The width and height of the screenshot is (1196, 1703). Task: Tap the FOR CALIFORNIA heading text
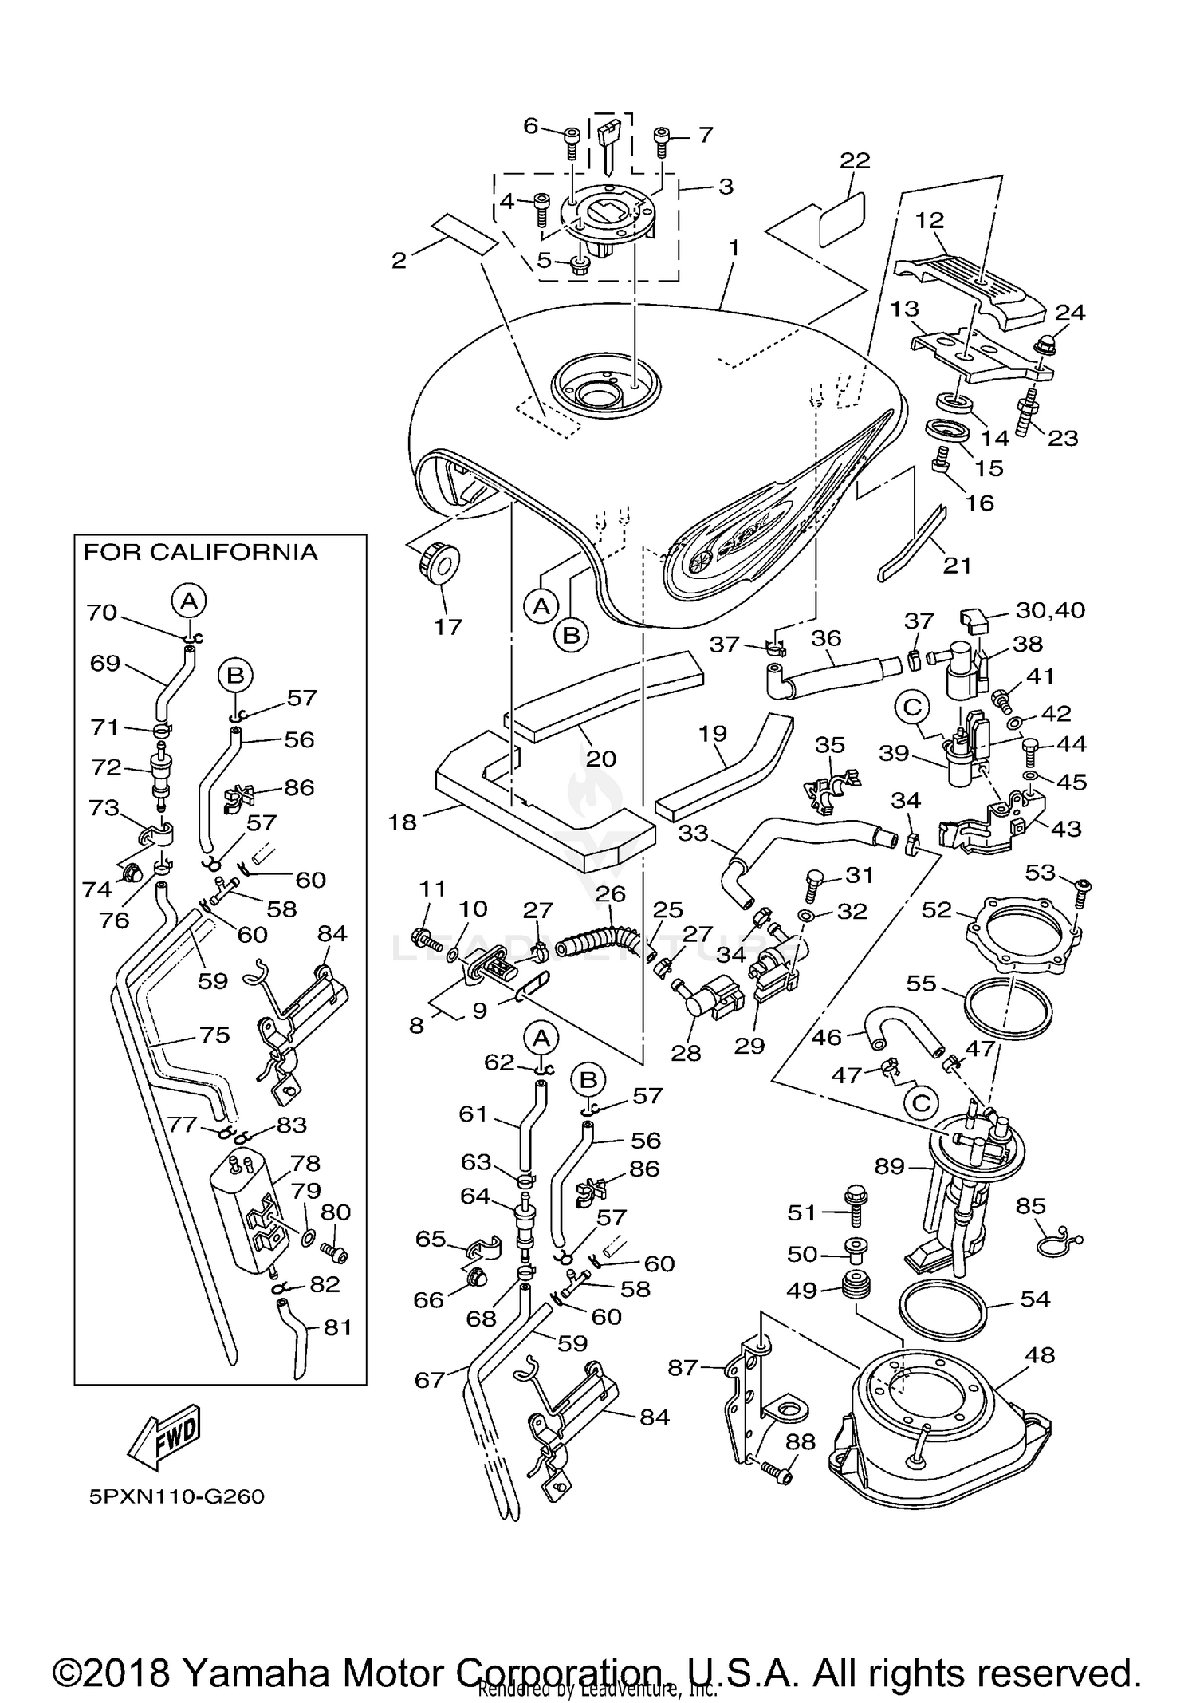tap(200, 552)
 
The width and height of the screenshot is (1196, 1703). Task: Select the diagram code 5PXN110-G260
tap(176, 1496)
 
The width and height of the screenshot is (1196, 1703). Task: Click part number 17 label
tap(448, 627)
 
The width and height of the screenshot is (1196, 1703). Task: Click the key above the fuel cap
tap(609, 144)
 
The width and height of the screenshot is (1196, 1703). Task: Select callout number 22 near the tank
tap(855, 160)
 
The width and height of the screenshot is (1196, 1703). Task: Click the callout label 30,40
tap(1050, 610)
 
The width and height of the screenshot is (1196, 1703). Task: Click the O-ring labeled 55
tap(1008, 1011)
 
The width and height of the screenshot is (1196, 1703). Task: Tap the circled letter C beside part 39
tap(913, 707)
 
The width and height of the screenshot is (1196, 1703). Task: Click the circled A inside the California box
tap(189, 600)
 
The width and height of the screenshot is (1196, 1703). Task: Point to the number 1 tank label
tap(733, 248)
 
